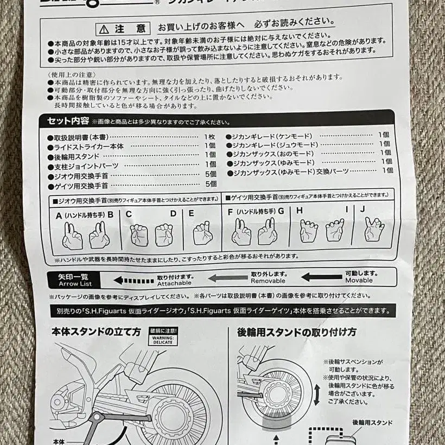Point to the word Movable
click(359, 281)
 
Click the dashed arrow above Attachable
click(133, 281)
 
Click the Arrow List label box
click(75, 280)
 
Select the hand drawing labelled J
click(374, 230)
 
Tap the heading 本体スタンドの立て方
click(96, 331)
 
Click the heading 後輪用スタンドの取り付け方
click(296, 332)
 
